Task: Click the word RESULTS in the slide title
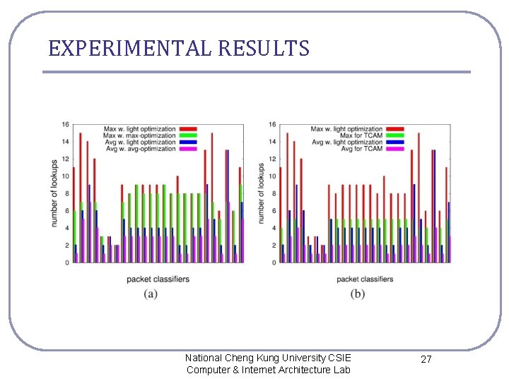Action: coord(264,49)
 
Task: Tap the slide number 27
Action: coord(426,360)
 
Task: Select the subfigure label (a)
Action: coord(151,294)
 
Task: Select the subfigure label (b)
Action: coord(358,294)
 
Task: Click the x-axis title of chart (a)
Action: coord(158,279)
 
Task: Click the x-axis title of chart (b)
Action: coord(365,279)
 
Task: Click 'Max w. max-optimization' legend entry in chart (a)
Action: coord(140,135)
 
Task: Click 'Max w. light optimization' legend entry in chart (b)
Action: coord(347,129)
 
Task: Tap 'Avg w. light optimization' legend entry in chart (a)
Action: coord(140,142)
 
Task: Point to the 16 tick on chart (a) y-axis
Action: coord(65,125)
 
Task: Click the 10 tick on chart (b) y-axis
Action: coord(272,176)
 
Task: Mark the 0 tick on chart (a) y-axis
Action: coord(66,262)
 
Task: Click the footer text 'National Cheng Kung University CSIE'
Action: coord(267,358)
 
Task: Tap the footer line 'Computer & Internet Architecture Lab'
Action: coord(268,370)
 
